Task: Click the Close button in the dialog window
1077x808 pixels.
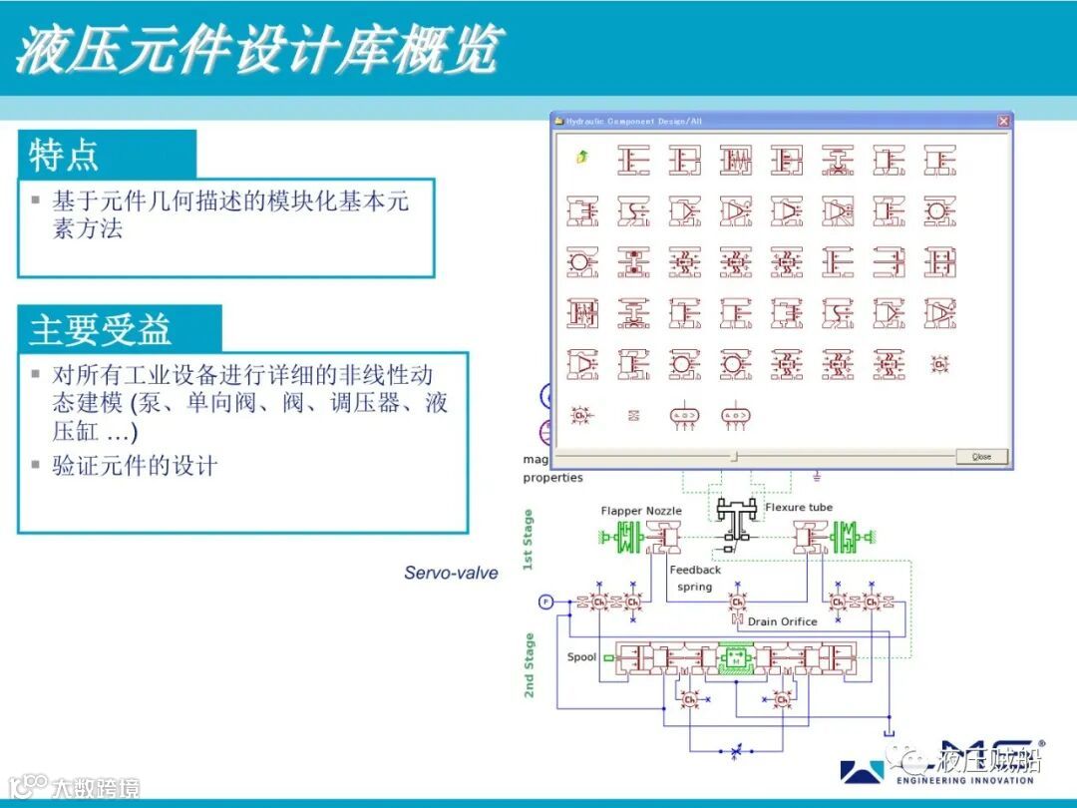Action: pyautogui.click(x=981, y=456)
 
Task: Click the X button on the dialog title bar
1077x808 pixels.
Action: pyautogui.click(x=1003, y=121)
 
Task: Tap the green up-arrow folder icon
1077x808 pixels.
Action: pyautogui.click(x=581, y=157)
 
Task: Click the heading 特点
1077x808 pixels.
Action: pyautogui.click(x=64, y=156)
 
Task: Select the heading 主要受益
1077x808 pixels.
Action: pyautogui.click(x=101, y=330)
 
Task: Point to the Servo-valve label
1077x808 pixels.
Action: pyautogui.click(x=451, y=573)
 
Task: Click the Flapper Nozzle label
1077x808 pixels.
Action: pyautogui.click(x=641, y=511)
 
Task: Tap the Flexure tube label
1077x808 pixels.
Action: pyautogui.click(x=799, y=508)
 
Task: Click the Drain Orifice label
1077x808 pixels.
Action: pyautogui.click(x=783, y=621)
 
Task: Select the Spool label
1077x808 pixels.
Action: pyautogui.click(x=581, y=657)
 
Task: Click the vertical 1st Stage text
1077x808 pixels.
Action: pyautogui.click(x=529, y=540)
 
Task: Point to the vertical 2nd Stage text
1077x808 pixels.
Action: pyautogui.click(x=529, y=665)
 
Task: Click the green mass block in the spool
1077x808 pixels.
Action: pyautogui.click(x=737, y=658)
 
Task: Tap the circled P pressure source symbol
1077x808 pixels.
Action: pyautogui.click(x=545, y=602)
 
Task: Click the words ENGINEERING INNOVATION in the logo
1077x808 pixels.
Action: pyautogui.click(x=965, y=781)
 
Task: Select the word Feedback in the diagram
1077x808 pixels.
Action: pyautogui.click(x=695, y=570)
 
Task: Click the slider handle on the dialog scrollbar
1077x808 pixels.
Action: pyautogui.click(x=735, y=456)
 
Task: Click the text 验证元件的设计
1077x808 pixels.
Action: pyautogui.click(x=135, y=466)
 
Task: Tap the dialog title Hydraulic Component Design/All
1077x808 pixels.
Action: pyautogui.click(x=634, y=122)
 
